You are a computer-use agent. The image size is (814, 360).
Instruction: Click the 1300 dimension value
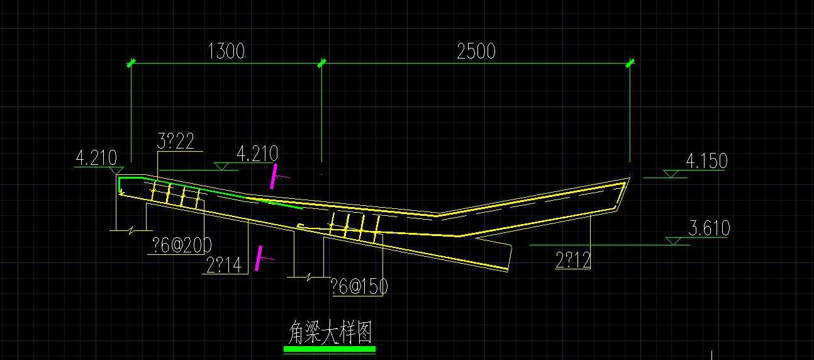[x=226, y=51]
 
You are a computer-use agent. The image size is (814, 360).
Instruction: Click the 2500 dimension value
[x=476, y=51]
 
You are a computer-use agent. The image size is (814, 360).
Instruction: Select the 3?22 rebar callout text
[x=176, y=141]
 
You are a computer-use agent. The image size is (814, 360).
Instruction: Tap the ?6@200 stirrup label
[x=182, y=245]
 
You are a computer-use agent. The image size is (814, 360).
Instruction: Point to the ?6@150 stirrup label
[x=359, y=286]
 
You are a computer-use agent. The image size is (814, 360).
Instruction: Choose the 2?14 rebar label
[x=224, y=265]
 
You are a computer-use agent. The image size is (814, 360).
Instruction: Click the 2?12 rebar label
[x=573, y=260]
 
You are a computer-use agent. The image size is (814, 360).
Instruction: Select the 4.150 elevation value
[x=707, y=160]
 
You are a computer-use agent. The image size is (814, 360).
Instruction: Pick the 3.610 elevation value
[x=709, y=228]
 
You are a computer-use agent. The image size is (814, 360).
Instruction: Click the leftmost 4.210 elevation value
[x=96, y=158]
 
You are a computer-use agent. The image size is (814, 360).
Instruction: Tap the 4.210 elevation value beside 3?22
[x=257, y=154]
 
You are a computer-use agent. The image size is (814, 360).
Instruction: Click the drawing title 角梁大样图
[x=330, y=332]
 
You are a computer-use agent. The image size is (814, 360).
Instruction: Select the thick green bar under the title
[x=330, y=349]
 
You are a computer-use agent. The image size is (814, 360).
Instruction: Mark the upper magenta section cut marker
[x=274, y=176]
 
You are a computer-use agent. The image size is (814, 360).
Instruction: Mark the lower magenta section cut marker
[x=259, y=258]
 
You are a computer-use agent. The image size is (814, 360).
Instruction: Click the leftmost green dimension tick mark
[x=131, y=64]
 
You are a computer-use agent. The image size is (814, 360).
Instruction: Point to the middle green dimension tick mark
[x=321, y=64]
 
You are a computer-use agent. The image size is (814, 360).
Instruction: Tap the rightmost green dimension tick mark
[x=630, y=64]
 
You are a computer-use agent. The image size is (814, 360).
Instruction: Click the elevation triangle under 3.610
[x=673, y=241]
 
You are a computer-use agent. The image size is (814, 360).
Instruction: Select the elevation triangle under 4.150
[x=671, y=174]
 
